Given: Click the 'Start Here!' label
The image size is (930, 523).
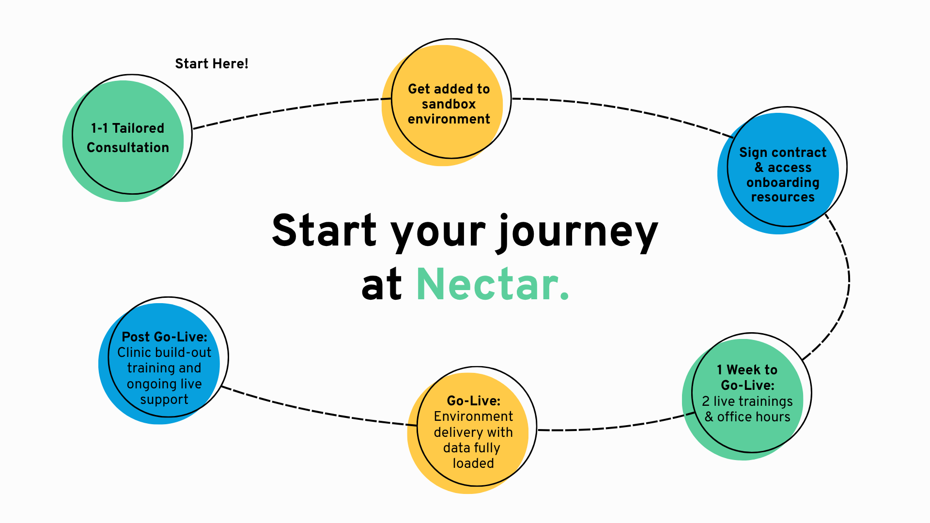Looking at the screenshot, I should coord(211,64).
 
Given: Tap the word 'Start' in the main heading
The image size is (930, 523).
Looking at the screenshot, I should coord(324,231).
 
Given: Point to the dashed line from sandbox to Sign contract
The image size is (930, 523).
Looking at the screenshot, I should coord(625,109).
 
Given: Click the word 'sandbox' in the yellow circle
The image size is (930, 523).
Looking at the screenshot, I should coord(449,104).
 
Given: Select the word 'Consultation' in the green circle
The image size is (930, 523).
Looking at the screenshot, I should coord(128,148).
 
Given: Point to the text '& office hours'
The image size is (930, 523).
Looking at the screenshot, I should coord(747,417).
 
